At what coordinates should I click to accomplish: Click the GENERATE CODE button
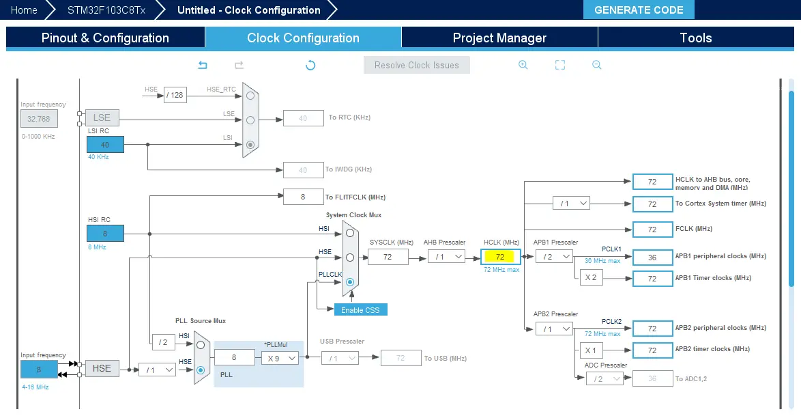[x=639, y=10]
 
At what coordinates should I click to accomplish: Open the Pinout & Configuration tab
[x=105, y=38]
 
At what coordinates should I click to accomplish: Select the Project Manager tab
[x=499, y=38]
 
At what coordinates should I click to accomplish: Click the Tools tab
[x=695, y=38]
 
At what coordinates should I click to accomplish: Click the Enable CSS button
[x=360, y=309]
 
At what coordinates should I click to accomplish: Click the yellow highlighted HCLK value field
[x=500, y=257]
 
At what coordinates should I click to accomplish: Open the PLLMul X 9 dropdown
[x=280, y=357]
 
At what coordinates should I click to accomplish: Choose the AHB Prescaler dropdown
[x=446, y=257]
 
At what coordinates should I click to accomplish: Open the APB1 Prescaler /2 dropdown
[x=554, y=257]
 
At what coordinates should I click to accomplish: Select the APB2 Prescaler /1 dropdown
[x=554, y=329]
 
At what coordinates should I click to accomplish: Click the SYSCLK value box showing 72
[x=388, y=257]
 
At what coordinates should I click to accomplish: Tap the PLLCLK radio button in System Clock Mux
[x=350, y=281]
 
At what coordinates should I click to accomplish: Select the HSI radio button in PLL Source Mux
[x=201, y=345]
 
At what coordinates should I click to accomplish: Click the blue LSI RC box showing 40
[x=105, y=144]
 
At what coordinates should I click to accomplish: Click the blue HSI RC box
[x=105, y=233]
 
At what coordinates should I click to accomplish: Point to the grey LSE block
[x=102, y=118]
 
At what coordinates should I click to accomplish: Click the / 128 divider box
[x=175, y=95]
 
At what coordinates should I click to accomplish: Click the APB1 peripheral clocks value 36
[x=652, y=257]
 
